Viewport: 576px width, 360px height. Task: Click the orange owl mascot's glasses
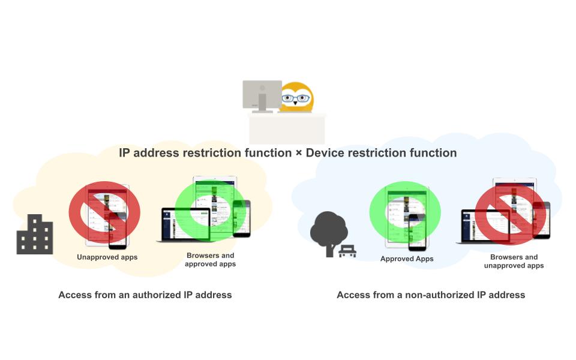coord(297,98)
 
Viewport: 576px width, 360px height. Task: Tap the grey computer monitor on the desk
coord(262,94)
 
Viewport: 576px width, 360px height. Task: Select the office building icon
coord(35,235)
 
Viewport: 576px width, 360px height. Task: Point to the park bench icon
coord(347,251)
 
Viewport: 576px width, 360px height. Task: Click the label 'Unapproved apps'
coord(107,257)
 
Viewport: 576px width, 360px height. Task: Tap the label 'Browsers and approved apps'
coord(210,260)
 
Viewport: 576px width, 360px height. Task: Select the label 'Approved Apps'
coord(407,259)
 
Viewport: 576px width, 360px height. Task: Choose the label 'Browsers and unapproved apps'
coord(514,262)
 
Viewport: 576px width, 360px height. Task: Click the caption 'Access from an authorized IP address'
coord(145,295)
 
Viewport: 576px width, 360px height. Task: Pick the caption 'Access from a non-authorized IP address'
coord(431,295)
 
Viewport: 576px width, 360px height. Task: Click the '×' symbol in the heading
coord(299,153)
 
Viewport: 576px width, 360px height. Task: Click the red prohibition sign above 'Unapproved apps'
coord(104,212)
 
